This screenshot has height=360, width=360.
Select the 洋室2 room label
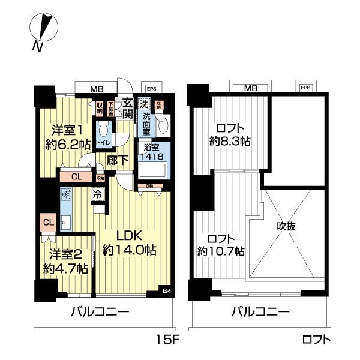click(x=65, y=262)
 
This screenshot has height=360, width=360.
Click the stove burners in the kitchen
click(x=65, y=196)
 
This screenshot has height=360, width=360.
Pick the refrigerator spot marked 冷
click(x=96, y=194)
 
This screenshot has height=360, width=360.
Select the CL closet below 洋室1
click(x=76, y=176)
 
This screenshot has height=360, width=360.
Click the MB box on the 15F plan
click(x=96, y=89)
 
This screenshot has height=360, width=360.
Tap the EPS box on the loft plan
click(x=305, y=88)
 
